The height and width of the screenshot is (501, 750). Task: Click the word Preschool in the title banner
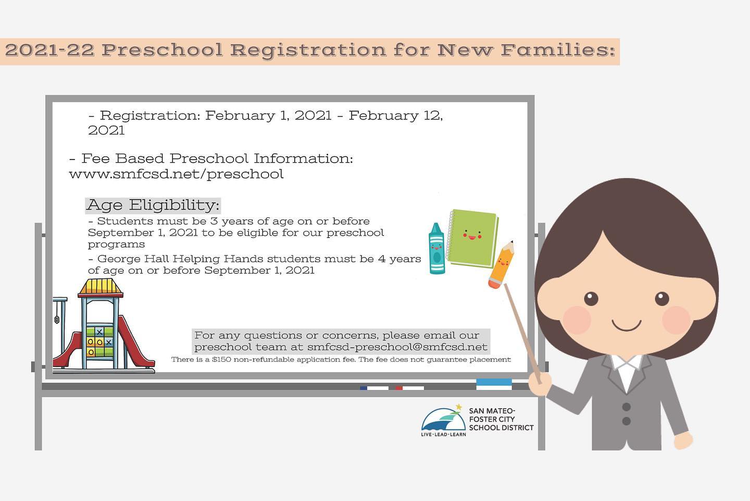(162, 50)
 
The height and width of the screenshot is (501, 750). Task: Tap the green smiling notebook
(473, 238)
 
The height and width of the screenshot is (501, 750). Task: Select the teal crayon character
(436, 249)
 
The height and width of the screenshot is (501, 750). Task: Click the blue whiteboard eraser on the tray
(494, 384)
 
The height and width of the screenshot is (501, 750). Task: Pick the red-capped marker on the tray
(409, 388)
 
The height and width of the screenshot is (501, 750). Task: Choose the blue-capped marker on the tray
(374, 388)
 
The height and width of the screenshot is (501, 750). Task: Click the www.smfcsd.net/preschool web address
(176, 174)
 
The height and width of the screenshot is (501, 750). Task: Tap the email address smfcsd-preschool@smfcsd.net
(397, 347)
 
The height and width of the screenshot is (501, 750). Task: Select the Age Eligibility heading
(153, 205)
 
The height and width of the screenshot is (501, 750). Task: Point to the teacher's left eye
(591, 299)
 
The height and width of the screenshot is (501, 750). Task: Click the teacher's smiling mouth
(627, 325)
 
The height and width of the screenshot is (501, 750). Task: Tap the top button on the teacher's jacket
(627, 407)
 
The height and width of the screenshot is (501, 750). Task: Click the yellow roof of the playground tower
(101, 288)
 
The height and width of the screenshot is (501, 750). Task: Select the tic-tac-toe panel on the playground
(100, 341)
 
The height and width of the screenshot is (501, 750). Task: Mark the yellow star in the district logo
(459, 407)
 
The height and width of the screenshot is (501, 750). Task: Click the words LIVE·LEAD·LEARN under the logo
(443, 435)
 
